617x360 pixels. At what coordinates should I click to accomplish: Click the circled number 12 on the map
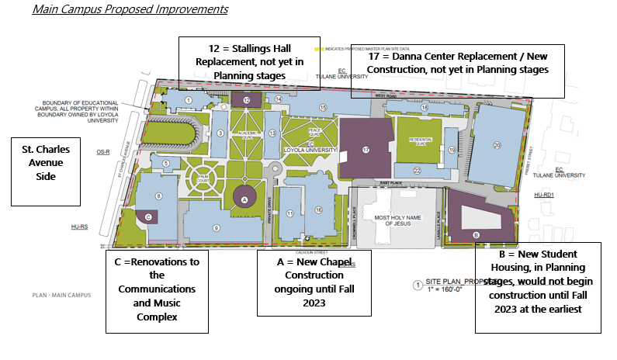[x=246, y=100]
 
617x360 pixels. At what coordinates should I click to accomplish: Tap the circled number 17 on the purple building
[x=365, y=149]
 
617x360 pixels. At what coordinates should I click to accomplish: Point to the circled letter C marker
[x=148, y=218]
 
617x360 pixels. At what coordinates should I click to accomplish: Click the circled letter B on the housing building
[x=476, y=235]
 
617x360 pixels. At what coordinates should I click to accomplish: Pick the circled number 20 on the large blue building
[x=497, y=145]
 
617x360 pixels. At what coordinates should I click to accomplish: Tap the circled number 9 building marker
[x=217, y=227]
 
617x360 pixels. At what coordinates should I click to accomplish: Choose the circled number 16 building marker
[x=317, y=210]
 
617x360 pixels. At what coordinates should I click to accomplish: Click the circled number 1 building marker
[x=189, y=100]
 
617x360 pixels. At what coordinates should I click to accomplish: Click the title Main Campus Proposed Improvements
[x=130, y=10]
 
